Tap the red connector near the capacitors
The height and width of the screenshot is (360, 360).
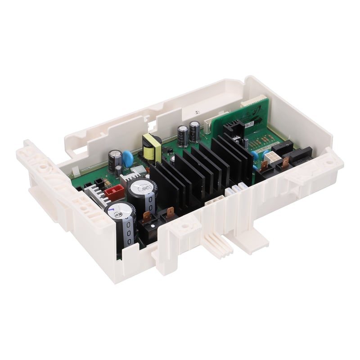tap(114, 193)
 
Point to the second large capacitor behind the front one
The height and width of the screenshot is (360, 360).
tap(141, 185)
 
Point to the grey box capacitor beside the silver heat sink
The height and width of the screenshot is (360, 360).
tap(139, 170)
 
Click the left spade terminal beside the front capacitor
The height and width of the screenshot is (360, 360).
tap(147, 216)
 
